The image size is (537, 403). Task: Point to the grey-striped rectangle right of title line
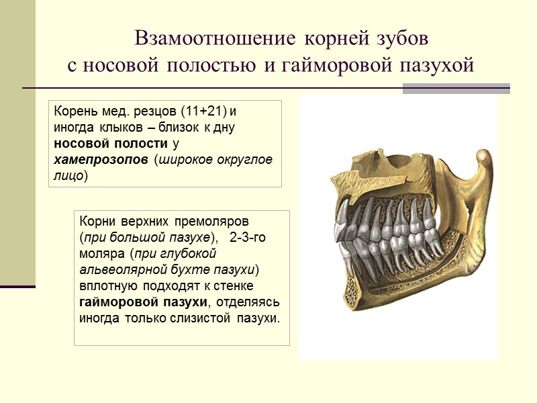(x=456, y=89)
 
